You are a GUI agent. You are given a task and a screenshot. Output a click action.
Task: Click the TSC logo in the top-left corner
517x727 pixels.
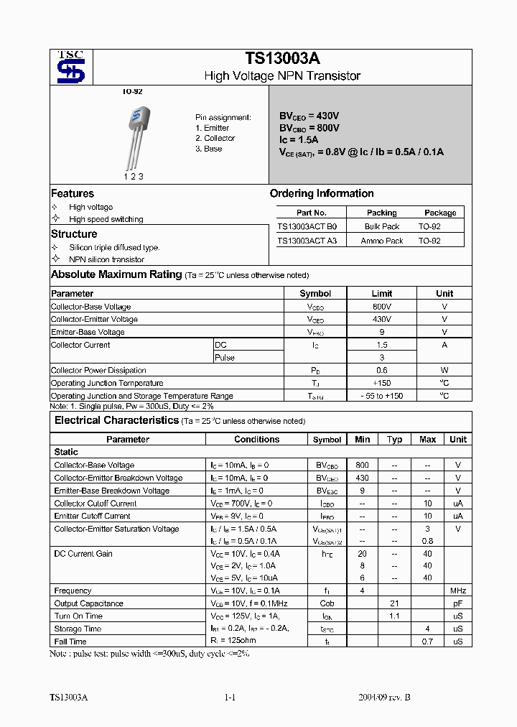[70, 67]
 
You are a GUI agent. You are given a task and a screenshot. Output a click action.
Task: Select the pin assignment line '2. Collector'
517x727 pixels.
[215, 138]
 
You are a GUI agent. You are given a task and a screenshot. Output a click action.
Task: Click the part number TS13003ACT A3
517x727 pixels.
[307, 241]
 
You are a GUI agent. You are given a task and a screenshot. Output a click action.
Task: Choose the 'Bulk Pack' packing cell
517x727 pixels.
[381, 226]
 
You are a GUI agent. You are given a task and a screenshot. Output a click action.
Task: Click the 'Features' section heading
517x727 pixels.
[73, 193]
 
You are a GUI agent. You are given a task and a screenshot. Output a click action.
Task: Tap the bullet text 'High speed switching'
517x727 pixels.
[106, 219]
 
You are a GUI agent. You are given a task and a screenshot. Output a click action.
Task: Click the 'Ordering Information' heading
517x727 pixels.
[322, 193]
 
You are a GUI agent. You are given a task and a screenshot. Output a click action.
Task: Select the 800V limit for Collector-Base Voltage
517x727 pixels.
[381, 306]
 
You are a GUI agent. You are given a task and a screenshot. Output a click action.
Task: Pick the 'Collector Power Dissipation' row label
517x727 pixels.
[98, 370]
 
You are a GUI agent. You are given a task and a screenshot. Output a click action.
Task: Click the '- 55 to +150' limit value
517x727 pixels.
[381, 396]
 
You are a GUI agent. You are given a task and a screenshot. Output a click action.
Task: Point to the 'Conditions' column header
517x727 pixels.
[256, 439]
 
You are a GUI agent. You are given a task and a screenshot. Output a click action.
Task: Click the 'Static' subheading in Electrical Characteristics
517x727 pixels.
[66, 452]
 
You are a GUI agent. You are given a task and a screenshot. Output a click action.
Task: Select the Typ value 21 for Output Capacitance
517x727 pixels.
[393, 603]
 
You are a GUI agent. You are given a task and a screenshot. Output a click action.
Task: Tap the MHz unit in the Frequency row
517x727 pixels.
[457, 591]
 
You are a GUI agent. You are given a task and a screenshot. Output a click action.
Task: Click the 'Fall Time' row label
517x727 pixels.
[70, 642]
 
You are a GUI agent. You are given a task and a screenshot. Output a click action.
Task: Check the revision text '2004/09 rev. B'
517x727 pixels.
[384, 698]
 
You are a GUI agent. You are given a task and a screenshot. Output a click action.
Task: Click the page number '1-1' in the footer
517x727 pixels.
[230, 698]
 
